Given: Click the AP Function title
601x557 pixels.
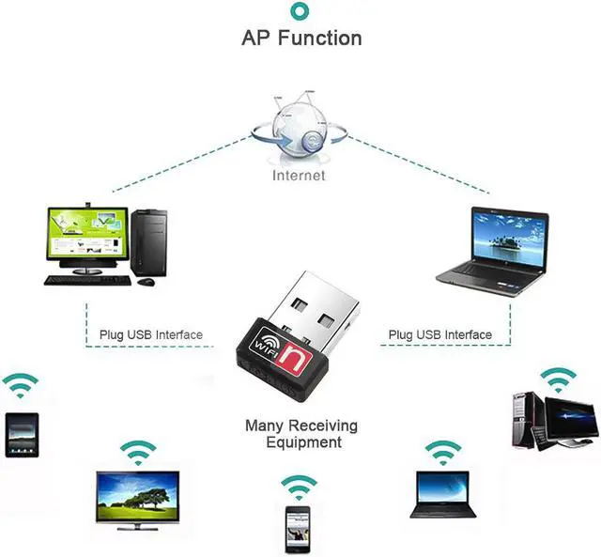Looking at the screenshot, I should [300, 39].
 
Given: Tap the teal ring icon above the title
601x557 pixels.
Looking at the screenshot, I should [300, 10].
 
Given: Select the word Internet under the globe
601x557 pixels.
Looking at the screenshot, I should [299, 175].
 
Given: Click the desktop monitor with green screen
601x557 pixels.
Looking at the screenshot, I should [85, 236].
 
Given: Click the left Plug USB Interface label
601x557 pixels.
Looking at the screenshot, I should [151, 334].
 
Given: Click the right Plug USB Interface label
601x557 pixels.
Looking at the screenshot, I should [439, 334].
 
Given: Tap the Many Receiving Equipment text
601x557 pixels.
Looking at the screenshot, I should [300, 434].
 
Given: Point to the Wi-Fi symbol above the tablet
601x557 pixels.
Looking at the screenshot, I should [20, 384].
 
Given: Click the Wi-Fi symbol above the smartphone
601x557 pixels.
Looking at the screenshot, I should [298, 487].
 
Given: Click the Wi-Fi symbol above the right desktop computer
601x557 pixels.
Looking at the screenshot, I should [559, 379].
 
